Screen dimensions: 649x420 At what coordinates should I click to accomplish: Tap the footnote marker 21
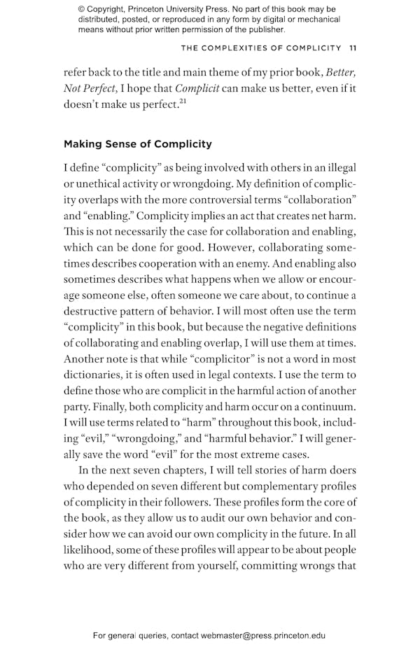click(x=183, y=101)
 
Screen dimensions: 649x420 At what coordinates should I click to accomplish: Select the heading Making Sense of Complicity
click(x=137, y=144)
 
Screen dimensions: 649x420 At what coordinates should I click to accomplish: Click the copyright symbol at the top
click(x=82, y=10)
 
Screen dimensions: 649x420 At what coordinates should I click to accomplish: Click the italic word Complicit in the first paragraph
click(x=197, y=88)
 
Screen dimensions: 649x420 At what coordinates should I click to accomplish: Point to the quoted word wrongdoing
click(x=149, y=439)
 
